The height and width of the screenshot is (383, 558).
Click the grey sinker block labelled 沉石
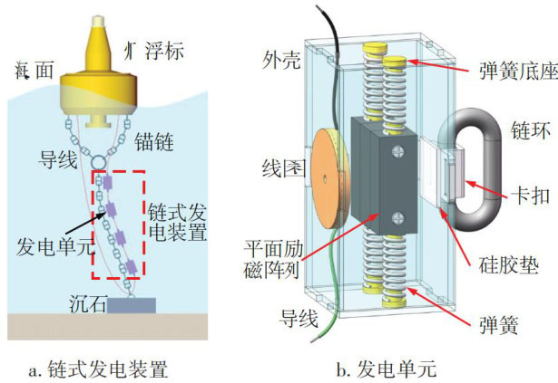coord(130,306)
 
